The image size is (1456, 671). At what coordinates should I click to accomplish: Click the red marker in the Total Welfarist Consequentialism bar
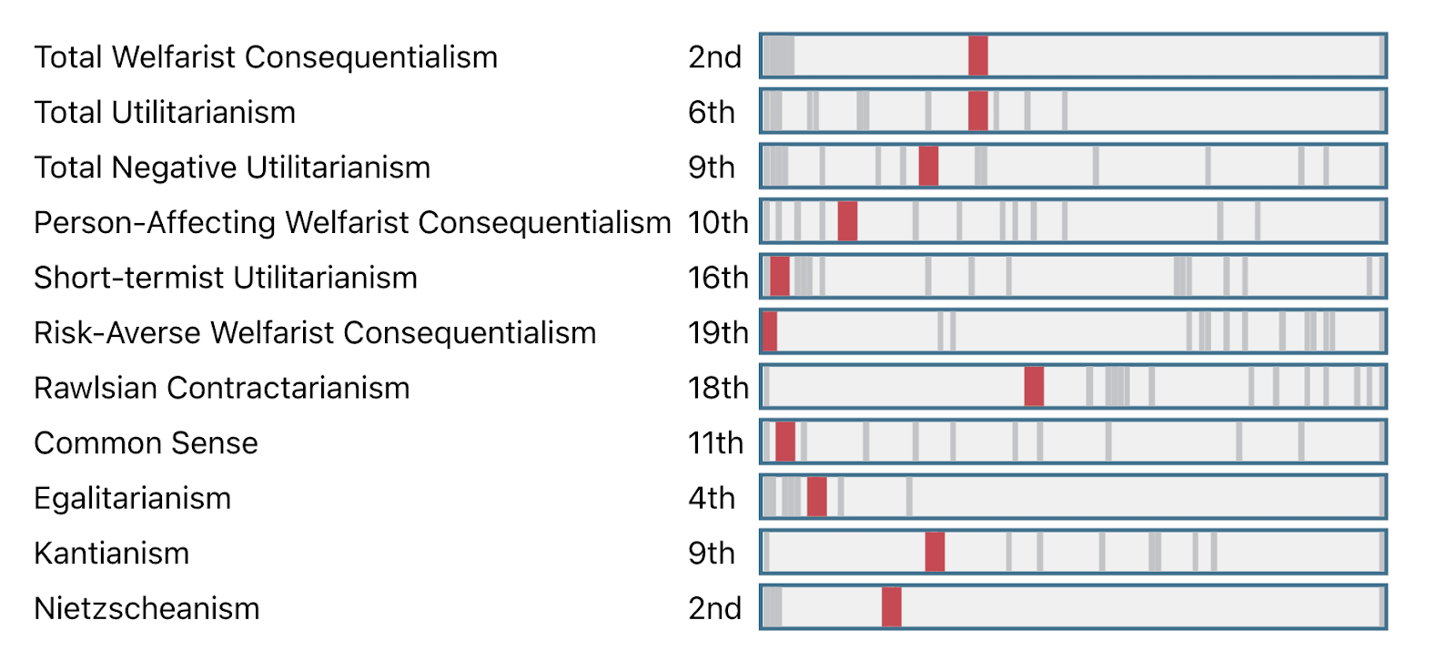(x=977, y=56)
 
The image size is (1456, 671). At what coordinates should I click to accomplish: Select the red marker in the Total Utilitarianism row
(x=977, y=111)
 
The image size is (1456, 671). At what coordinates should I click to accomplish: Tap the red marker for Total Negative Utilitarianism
(x=928, y=167)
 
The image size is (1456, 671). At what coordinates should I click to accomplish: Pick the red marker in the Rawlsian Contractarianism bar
(x=1034, y=387)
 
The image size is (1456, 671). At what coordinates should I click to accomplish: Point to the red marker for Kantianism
(x=935, y=552)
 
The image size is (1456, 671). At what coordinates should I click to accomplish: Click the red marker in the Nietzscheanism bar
(x=892, y=607)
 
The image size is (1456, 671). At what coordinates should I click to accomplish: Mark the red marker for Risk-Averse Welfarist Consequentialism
(x=770, y=331)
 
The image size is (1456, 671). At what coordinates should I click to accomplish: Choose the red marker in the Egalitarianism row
(x=817, y=497)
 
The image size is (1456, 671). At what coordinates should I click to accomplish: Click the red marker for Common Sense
(x=785, y=442)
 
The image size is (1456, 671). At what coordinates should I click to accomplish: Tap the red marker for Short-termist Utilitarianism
(x=780, y=277)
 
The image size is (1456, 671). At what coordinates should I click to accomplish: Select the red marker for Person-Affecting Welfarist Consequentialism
(x=847, y=221)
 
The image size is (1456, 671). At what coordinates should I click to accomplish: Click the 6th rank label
(x=711, y=113)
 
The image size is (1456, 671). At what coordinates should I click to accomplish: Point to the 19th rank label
(x=718, y=333)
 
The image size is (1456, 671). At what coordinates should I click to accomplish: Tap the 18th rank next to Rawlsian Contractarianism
(x=718, y=388)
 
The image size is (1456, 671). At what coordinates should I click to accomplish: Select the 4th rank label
(x=712, y=498)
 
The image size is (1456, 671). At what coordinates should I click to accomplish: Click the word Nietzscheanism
(x=147, y=608)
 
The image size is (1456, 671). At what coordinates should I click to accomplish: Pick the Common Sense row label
(x=147, y=443)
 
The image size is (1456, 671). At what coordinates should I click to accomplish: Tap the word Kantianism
(x=112, y=554)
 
